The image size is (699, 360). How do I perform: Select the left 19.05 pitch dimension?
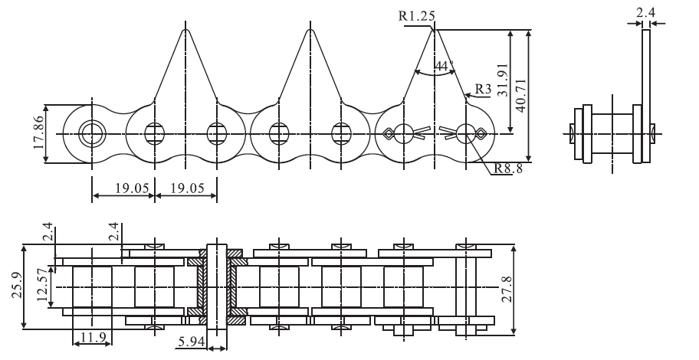pyautogui.click(x=123, y=189)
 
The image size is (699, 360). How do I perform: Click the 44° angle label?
pyautogui.click(x=441, y=67)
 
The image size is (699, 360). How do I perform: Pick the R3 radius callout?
pyautogui.click(x=483, y=90)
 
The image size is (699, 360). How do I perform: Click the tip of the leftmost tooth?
pyautogui.click(x=185, y=31)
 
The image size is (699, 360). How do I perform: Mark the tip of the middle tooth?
pyautogui.click(x=310, y=31)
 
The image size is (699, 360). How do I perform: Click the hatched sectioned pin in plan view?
pyautogui.click(x=217, y=288)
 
